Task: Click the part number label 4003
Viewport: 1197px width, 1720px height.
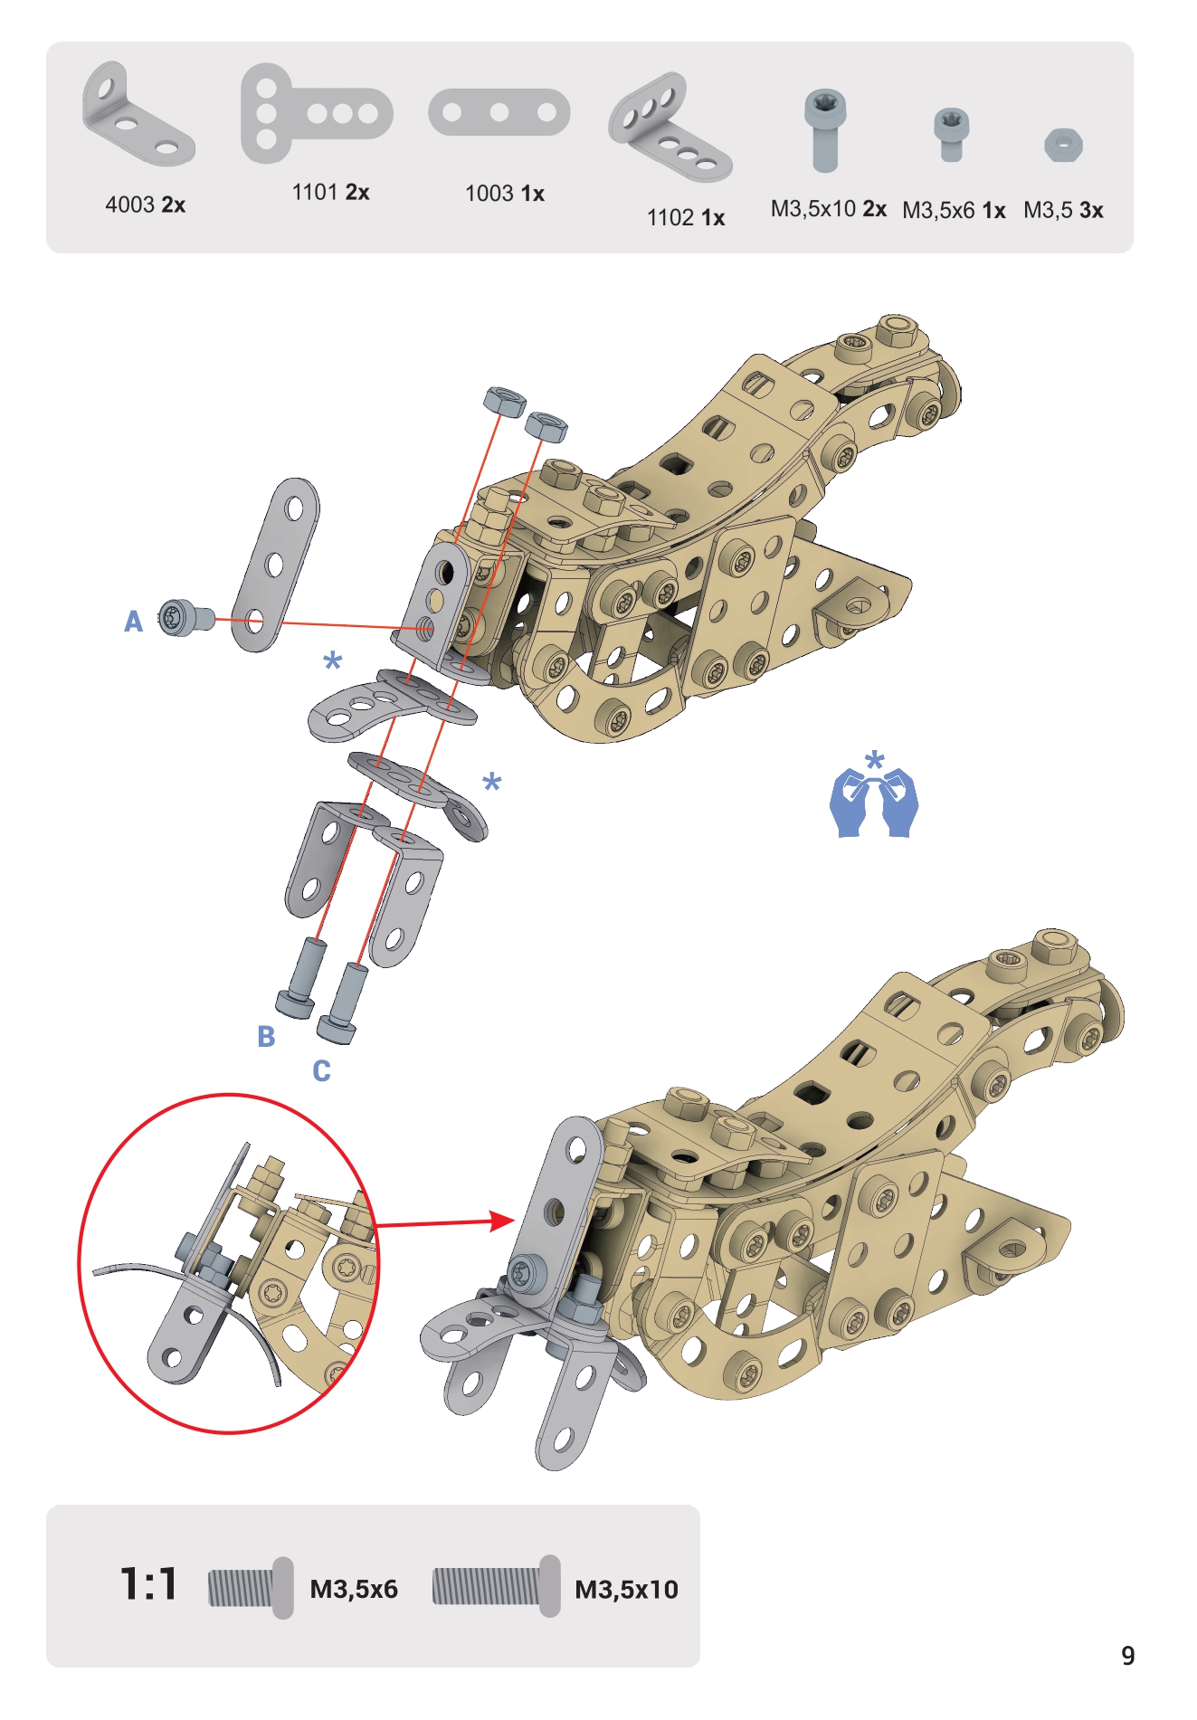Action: [129, 204]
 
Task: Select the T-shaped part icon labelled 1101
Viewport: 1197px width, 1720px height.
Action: [316, 113]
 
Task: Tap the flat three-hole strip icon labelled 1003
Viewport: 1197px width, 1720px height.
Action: [499, 112]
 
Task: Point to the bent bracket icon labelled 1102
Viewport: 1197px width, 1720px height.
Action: [670, 128]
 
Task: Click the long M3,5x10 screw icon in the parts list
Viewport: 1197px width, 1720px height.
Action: [825, 130]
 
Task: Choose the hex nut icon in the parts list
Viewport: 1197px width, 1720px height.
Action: [1063, 145]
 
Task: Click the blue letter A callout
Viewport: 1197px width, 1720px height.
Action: [133, 622]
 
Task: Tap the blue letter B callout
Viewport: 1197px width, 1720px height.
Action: [266, 1036]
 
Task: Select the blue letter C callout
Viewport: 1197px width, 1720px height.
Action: [321, 1070]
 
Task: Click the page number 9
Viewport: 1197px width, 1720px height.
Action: [1128, 1656]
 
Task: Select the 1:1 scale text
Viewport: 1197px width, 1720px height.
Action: [149, 1584]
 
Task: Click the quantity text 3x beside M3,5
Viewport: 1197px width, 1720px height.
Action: [1091, 211]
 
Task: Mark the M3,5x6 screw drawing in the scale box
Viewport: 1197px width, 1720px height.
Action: [251, 1588]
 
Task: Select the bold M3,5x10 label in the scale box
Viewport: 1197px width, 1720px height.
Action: [626, 1590]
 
